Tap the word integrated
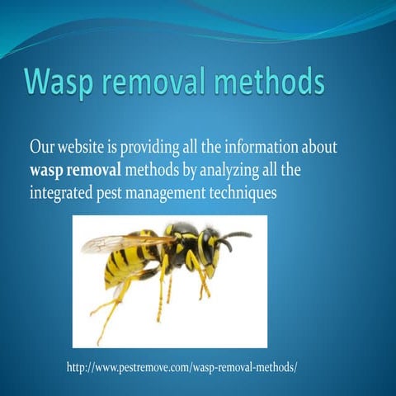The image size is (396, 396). pyautogui.click(x=64, y=194)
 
